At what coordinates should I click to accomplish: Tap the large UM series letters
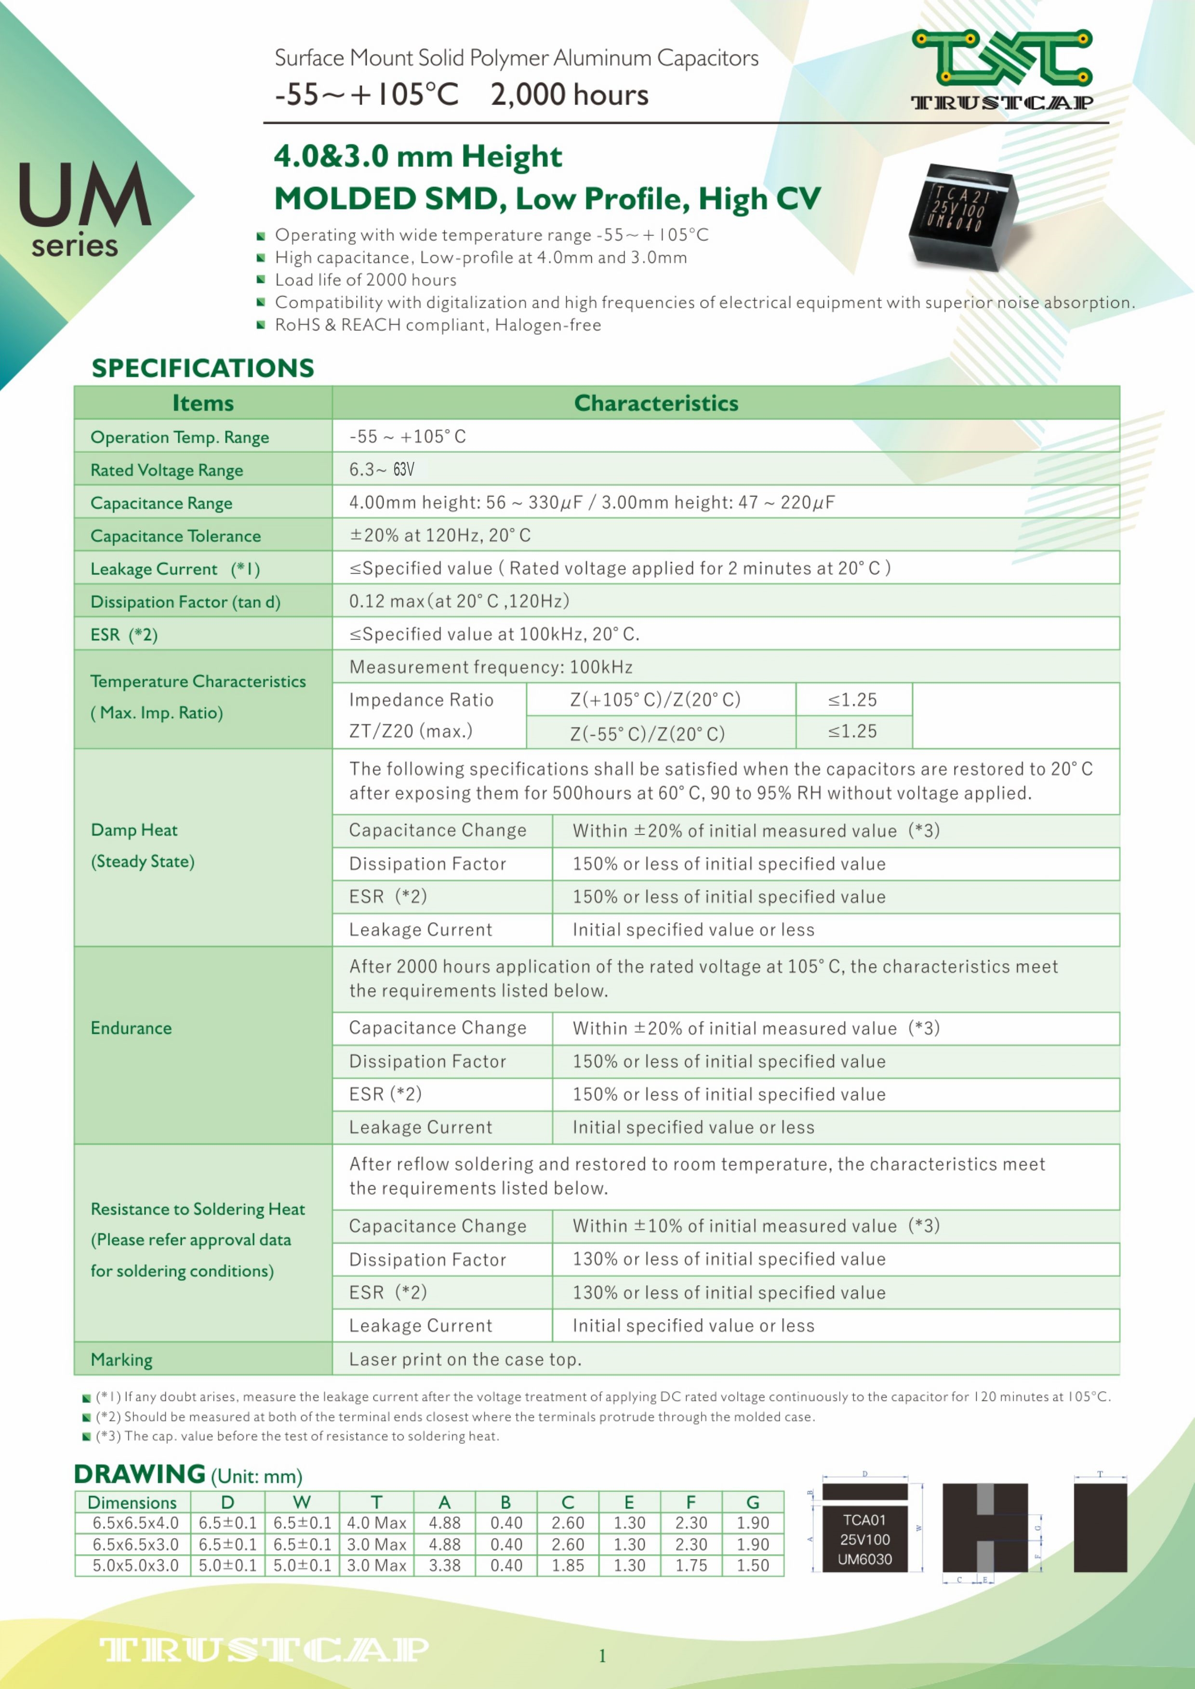[x=85, y=195]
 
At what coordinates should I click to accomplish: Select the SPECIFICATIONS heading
[x=202, y=368]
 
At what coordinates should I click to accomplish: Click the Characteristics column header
[x=656, y=403]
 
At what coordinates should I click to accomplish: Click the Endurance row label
[x=131, y=1028]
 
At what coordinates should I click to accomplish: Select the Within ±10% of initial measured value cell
[x=756, y=1226]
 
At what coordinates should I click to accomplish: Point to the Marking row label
[x=121, y=1360]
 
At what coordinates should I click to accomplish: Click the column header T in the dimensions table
[x=376, y=1502]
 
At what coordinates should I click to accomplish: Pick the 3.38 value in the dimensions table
[x=444, y=1565]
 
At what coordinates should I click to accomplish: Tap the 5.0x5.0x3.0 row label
[x=135, y=1565]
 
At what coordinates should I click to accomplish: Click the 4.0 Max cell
[x=376, y=1523]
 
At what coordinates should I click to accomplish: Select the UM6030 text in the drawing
[x=864, y=1559]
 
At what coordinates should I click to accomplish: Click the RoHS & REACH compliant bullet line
[x=438, y=325]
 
